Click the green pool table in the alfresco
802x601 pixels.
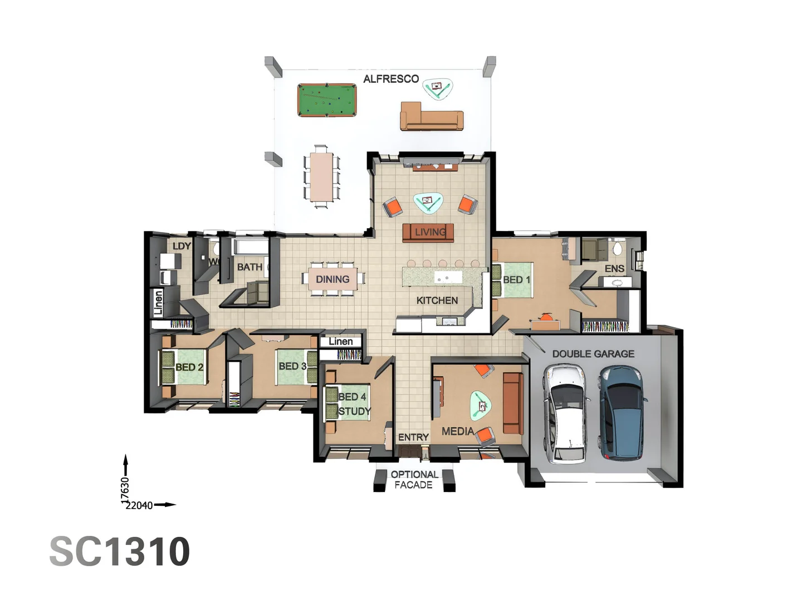[327, 100]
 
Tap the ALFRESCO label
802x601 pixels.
[391, 79]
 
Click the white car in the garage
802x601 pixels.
[565, 414]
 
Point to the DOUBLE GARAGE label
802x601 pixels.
[593, 354]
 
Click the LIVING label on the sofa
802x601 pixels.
[429, 232]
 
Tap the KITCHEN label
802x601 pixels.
[437, 300]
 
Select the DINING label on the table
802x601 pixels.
[332, 279]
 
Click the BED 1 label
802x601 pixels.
[516, 280]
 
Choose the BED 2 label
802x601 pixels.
[189, 367]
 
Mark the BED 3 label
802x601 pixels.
[292, 366]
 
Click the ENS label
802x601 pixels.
[614, 269]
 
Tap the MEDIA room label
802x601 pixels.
[457, 431]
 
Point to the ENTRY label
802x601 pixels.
[413, 437]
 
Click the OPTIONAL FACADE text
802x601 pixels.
[414, 480]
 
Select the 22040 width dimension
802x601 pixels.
[139, 505]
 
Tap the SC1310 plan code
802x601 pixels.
[120, 552]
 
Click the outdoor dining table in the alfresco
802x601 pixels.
[321, 176]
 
